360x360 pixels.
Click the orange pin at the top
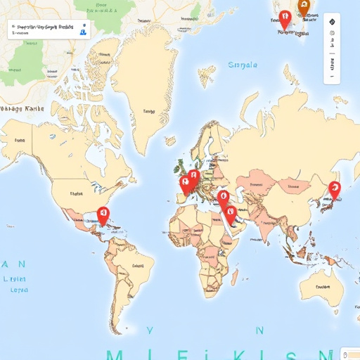tap(304, 6)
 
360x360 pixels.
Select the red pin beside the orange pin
tap(284, 19)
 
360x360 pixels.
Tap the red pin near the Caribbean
tap(103, 214)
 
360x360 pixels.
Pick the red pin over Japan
tap(334, 188)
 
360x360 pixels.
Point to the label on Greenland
tap(148, 110)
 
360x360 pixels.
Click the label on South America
tap(131, 267)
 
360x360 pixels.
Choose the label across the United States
tap(76, 192)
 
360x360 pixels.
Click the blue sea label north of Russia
tap(243, 65)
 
